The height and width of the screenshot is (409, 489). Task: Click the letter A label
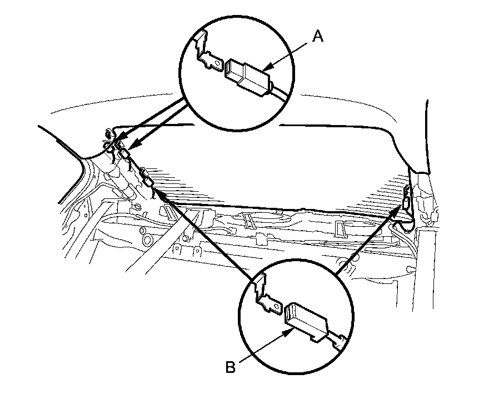pyautogui.click(x=317, y=37)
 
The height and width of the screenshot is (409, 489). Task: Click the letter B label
pyautogui.click(x=229, y=366)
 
